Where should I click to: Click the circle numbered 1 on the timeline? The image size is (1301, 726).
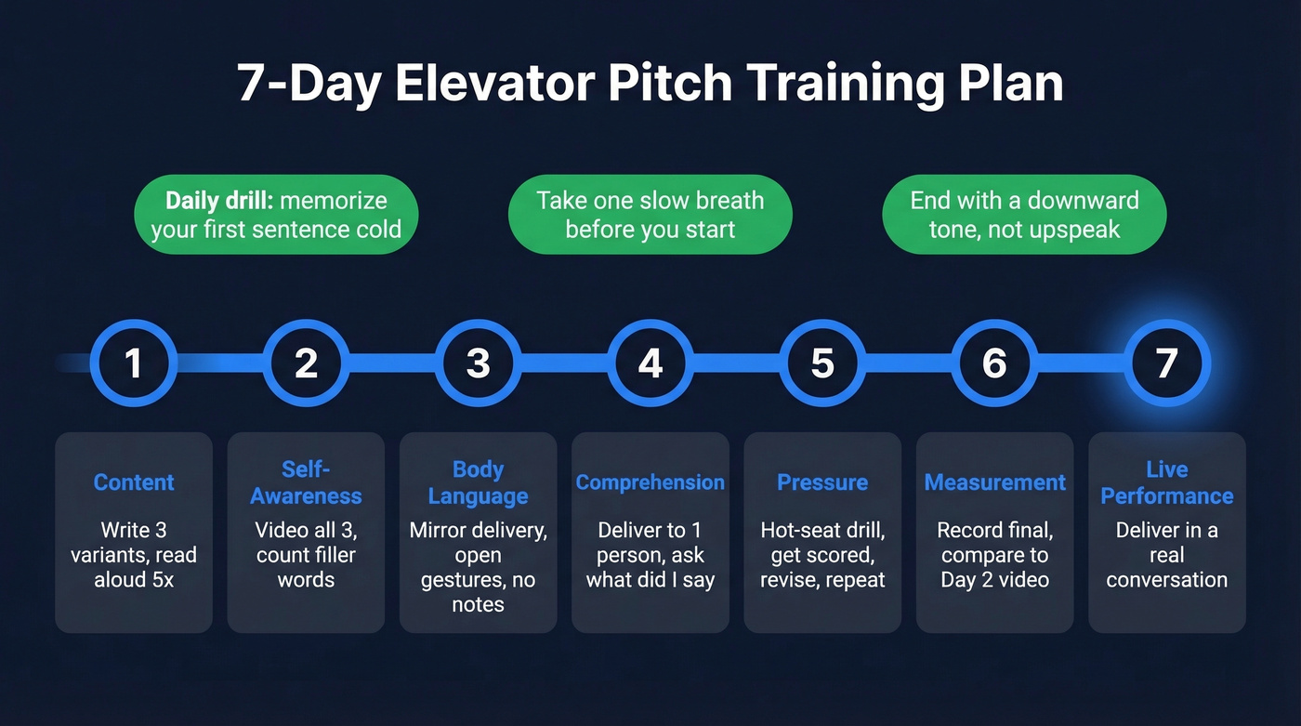(x=134, y=363)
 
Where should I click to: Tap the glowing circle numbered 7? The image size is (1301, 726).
(x=1166, y=363)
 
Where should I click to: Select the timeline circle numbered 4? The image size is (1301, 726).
(x=650, y=363)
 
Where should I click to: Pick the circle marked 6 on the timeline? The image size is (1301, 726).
(x=994, y=363)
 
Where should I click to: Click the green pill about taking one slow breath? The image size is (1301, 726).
(x=650, y=214)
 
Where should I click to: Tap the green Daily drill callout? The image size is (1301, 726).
(x=276, y=214)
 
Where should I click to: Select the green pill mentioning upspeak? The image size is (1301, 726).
(x=1024, y=214)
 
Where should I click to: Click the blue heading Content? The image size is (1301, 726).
(x=134, y=482)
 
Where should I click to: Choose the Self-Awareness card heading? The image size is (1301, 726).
(x=306, y=482)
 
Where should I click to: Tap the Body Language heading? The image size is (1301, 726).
(x=478, y=482)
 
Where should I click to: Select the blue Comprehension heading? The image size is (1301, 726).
(x=650, y=482)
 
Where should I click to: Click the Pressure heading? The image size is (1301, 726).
(x=822, y=482)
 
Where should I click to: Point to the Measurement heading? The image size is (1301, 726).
(x=994, y=482)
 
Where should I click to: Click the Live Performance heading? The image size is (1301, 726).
(x=1166, y=482)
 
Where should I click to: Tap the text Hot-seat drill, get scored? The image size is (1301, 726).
(x=822, y=543)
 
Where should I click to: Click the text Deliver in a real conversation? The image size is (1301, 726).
(x=1166, y=555)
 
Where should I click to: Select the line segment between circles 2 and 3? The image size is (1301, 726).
(x=392, y=363)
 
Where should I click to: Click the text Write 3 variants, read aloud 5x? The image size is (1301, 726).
(x=134, y=555)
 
